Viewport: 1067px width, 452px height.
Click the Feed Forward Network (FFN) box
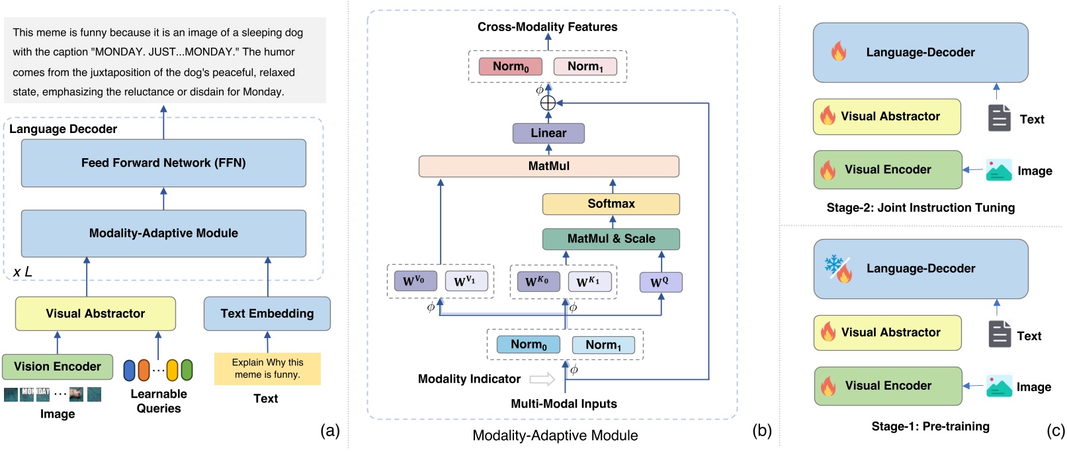pos(163,163)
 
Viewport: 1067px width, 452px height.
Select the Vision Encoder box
pos(58,367)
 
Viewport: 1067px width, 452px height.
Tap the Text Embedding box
pos(267,314)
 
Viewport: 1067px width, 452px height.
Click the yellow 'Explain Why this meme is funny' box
pos(267,369)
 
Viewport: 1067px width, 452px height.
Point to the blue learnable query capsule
pos(129,370)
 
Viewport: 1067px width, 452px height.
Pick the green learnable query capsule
pos(187,370)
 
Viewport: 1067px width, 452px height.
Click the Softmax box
pos(611,204)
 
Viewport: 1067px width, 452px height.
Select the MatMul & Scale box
pos(611,239)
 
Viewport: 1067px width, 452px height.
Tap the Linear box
pos(548,133)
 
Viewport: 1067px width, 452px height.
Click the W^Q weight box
pos(660,282)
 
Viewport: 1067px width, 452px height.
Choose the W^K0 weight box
pos(537,281)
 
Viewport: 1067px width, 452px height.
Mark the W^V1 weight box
pos(466,281)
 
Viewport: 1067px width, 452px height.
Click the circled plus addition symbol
pos(548,103)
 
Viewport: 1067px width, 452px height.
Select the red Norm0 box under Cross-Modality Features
pos(510,66)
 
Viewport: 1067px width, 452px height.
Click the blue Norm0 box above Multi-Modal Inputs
pos(528,345)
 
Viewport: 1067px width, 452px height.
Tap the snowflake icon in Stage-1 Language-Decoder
pos(832,264)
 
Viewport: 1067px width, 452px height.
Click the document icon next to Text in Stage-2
pos(999,118)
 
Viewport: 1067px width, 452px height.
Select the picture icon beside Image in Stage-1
pos(998,386)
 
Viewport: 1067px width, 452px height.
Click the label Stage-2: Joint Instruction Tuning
pos(920,208)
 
